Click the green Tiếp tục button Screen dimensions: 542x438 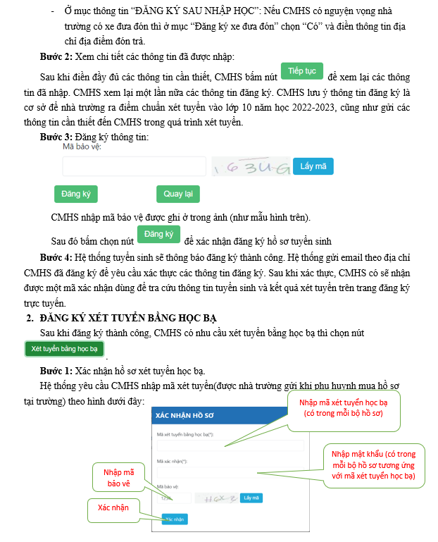pyautogui.click(x=302, y=72)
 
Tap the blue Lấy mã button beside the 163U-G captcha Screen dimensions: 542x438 pyautogui.click(x=313, y=166)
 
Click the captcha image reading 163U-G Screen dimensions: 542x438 pyautogui.click(x=252, y=167)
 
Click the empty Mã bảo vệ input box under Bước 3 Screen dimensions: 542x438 pyautogui.click(x=134, y=166)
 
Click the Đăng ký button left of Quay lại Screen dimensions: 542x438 pyautogui.click(x=76, y=194)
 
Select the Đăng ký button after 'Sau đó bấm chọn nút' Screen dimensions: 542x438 pyautogui.click(x=158, y=235)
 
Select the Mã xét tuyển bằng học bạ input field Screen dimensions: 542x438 pyautogui.click(x=230, y=445)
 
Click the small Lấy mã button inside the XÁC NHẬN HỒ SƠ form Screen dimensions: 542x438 pyautogui.click(x=251, y=498)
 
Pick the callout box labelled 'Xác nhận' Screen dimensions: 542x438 pyautogui.click(x=112, y=507)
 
